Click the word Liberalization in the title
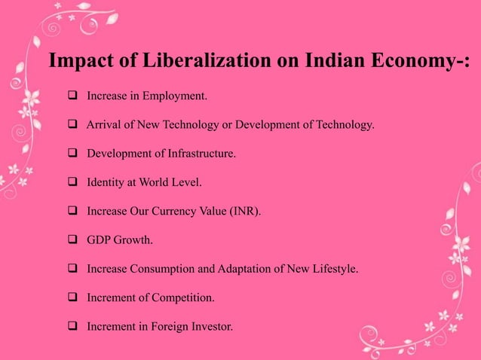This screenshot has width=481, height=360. click(x=182, y=61)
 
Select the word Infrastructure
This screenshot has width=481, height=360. click(x=198, y=154)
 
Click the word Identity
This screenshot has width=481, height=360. click(x=105, y=182)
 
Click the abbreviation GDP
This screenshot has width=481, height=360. click(x=99, y=240)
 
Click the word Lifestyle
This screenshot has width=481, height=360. click(x=333, y=269)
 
